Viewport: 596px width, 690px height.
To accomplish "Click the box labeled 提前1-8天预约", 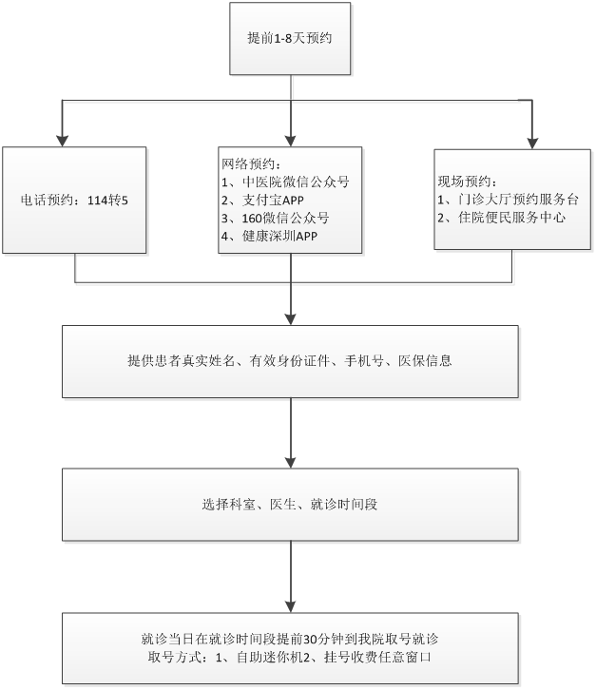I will click(x=288, y=37).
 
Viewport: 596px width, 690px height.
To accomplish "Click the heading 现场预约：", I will click(x=467, y=182).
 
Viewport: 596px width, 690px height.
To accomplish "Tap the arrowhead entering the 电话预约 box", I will click(x=63, y=140).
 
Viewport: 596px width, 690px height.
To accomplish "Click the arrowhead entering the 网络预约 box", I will click(x=291, y=140).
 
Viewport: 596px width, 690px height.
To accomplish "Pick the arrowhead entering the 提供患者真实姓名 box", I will click(x=291, y=319).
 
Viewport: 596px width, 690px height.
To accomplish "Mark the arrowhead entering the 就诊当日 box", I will click(x=291, y=607).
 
